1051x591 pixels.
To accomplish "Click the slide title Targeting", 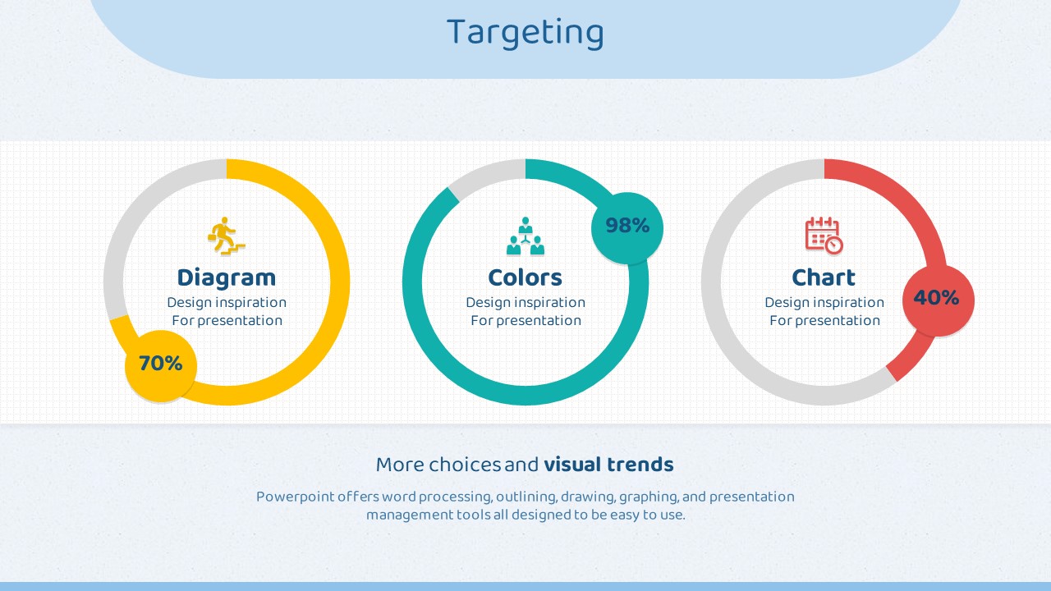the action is coord(525,32).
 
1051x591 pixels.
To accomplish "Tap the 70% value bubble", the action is coord(160,366).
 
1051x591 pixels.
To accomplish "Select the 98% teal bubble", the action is coord(626,228).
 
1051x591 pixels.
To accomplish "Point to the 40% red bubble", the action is coord(939,300).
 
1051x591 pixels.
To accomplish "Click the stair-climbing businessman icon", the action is coord(227,236).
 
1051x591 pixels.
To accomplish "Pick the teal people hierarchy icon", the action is coord(525,236).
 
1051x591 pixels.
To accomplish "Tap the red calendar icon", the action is coord(824,236).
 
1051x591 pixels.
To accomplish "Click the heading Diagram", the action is coord(227,278).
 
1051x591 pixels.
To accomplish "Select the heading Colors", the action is coord(525,277).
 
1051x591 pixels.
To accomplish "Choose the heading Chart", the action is coord(824,277).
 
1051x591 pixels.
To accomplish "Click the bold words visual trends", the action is coord(608,465).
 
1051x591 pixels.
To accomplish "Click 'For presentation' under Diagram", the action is coord(227,321).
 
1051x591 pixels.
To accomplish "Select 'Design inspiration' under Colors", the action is coord(525,303).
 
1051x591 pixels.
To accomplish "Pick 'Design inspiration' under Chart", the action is coord(824,303).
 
